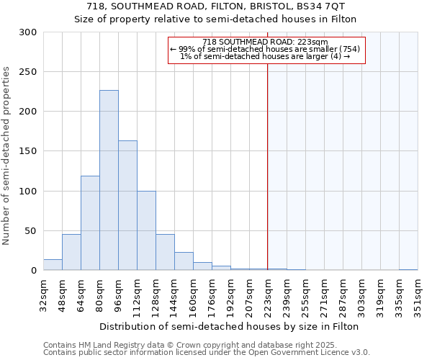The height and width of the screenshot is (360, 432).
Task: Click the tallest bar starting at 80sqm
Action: pyautogui.click(x=109, y=180)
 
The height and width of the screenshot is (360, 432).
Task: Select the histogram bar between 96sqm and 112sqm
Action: pyautogui.click(x=127, y=205)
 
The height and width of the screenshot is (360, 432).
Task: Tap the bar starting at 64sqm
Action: pyautogui.click(x=90, y=223)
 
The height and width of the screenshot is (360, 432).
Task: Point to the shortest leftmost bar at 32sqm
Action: pyautogui.click(x=53, y=265)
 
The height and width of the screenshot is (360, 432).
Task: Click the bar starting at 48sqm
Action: pyautogui.click(x=71, y=253)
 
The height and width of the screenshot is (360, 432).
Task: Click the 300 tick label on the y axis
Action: pyautogui.click(x=28, y=32)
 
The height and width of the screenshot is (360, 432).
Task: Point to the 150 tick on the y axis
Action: pyautogui.click(x=28, y=151)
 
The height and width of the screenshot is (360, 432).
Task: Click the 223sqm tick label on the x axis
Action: pyautogui.click(x=268, y=295)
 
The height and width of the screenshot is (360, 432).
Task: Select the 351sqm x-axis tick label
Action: pyautogui.click(x=418, y=295)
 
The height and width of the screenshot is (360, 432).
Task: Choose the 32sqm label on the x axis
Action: pyautogui.click(x=43, y=295)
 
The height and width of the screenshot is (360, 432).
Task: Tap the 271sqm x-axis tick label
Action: pyautogui.click(x=324, y=295)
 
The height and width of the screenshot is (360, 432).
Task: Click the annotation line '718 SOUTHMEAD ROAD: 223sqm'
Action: pyautogui.click(x=266, y=42)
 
